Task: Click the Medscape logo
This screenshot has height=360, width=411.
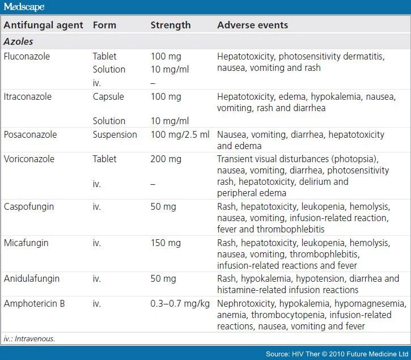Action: (23, 7)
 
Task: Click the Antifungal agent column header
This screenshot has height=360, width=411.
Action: (44, 25)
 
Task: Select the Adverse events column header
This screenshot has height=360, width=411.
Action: (252, 25)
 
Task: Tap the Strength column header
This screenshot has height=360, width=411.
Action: (170, 25)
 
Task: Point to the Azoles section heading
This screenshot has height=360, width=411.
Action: (18, 41)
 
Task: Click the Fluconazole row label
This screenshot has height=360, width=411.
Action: (27, 57)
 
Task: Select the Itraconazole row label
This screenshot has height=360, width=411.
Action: (27, 97)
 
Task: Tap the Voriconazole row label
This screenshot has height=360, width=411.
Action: (29, 159)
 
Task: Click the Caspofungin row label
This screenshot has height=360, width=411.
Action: (29, 207)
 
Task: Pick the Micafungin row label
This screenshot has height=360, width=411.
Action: (26, 243)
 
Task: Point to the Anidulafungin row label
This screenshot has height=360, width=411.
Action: (31, 279)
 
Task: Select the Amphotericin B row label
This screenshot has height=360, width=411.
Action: (34, 303)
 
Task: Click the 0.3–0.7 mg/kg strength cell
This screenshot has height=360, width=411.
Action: (177, 303)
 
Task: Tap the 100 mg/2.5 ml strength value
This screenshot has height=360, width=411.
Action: (180, 135)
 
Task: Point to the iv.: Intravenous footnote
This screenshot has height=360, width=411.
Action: (31, 338)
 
